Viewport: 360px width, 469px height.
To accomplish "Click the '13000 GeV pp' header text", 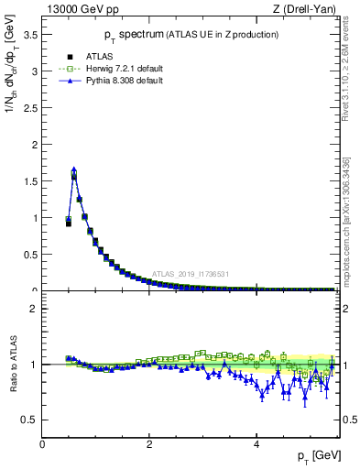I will click(82, 10).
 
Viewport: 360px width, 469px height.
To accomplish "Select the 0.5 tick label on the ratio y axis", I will click(30, 420).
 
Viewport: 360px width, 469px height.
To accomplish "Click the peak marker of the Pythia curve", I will click(74, 169).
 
